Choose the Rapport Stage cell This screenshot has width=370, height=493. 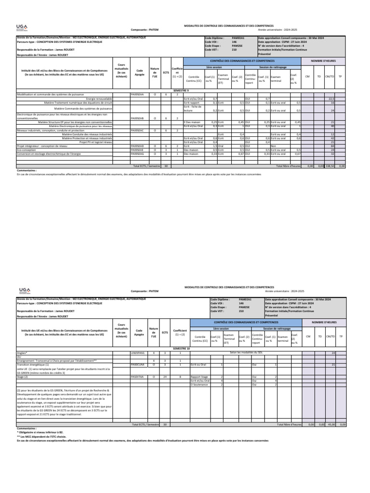[200, 376]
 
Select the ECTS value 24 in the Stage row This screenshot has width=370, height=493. [165, 376]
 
